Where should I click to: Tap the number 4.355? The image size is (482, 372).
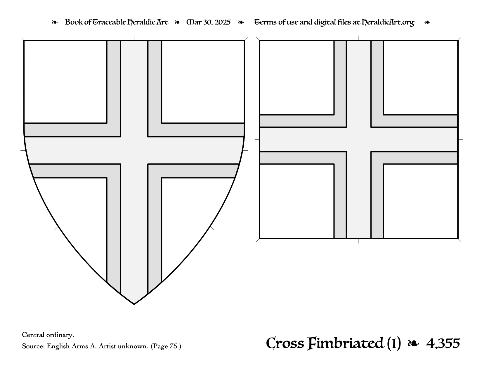[x=443, y=344]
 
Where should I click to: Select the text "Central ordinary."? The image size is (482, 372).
[x=48, y=335]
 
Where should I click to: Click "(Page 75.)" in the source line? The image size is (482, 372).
[x=166, y=346]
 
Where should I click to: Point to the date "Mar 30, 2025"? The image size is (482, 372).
[x=209, y=22]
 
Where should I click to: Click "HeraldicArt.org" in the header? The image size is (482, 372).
[x=388, y=22]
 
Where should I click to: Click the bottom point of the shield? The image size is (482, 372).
[x=134, y=304]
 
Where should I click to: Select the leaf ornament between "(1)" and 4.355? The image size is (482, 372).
[x=413, y=344]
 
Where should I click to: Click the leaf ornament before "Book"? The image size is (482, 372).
[x=55, y=22]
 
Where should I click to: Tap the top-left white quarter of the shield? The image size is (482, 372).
[x=65, y=81]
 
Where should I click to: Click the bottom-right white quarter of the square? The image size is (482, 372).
[x=420, y=201]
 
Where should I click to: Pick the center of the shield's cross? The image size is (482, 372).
[x=134, y=151]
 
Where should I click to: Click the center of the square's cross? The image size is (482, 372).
[x=359, y=139]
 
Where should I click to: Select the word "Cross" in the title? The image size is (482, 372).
[x=285, y=344]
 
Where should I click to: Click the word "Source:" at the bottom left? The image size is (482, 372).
[x=33, y=346]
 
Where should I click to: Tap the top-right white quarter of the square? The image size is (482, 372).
[x=420, y=78]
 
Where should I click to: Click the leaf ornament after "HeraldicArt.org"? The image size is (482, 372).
[x=427, y=22]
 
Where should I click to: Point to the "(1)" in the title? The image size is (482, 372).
[x=394, y=344]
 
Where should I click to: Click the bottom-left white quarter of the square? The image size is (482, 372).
[x=297, y=201]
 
